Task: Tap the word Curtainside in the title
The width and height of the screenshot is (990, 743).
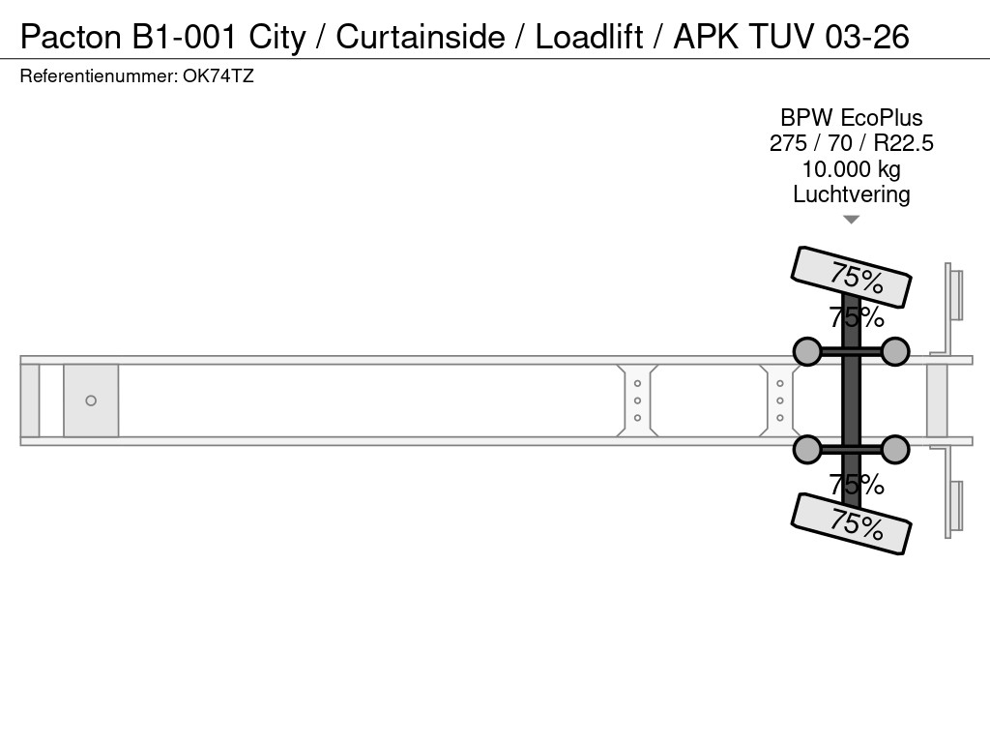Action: tap(421, 37)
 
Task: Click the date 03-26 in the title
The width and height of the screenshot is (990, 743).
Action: tap(867, 37)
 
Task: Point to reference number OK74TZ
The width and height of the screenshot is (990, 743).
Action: tap(218, 76)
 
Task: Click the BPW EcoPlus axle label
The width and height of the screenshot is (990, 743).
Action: tap(851, 118)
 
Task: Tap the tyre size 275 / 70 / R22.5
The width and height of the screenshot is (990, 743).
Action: tap(851, 143)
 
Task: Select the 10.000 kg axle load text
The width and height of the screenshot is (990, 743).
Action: tap(851, 168)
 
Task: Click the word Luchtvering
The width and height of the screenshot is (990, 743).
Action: tap(851, 193)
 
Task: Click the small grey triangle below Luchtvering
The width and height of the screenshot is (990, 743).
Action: tap(851, 220)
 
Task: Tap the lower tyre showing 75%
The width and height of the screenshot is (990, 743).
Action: tap(851, 523)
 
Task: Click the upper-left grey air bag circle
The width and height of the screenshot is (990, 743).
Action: tap(807, 351)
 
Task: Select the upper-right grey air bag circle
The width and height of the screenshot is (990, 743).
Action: tap(895, 351)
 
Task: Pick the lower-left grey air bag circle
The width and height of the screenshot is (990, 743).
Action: tap(807, 449)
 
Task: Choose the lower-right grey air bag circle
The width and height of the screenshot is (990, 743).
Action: tap(895, 449)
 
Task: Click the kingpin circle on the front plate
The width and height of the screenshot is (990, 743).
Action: tap(91, 401)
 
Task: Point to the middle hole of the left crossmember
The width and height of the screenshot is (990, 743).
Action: tap(638, 401)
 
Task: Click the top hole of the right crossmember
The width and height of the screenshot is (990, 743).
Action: tap(780, 384)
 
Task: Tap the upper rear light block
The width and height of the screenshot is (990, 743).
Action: tap(955, 295)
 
